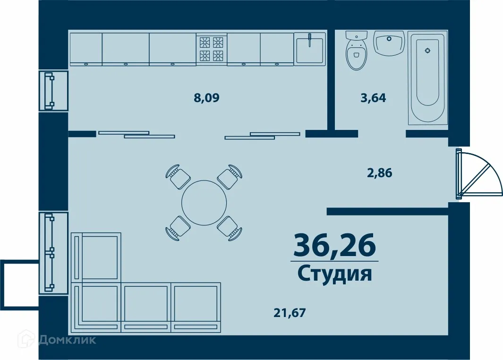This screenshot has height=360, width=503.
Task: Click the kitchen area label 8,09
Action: tap(207, 98)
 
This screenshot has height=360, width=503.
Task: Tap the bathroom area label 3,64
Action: tap(373, 98)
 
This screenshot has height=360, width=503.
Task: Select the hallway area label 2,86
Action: tap(380, 173)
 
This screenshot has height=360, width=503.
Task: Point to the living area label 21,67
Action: tap(287, 312)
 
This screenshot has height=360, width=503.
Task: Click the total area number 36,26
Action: tap(334, 245)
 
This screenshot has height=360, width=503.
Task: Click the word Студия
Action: tap(334, 274)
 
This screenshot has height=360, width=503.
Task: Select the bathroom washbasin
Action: tap(390, 43)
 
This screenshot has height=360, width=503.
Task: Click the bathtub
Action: tap(427, 78)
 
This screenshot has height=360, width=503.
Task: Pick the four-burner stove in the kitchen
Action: tap(211, 49)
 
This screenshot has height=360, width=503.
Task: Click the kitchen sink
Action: tap(310, 49)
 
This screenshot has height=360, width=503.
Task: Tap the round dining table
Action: tap(204, 203)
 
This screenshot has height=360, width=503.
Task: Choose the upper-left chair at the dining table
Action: tap(178, 177)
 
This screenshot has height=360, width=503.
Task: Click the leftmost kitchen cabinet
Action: tap(85, 49)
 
